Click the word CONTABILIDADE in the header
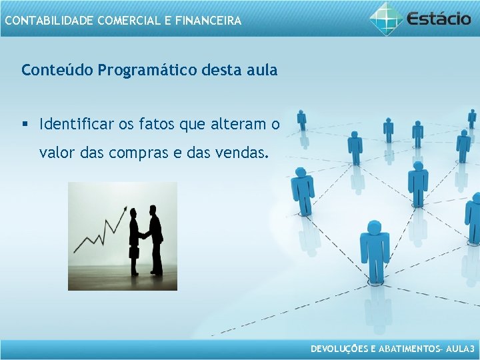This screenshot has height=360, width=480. (x=49, y=21)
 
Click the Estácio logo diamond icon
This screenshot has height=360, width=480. (x=387, y=18)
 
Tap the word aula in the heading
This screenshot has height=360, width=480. (x=261, y=70)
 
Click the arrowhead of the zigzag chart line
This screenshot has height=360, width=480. (x=125, y=208)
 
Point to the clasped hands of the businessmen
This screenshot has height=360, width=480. (x=143, y=235)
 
